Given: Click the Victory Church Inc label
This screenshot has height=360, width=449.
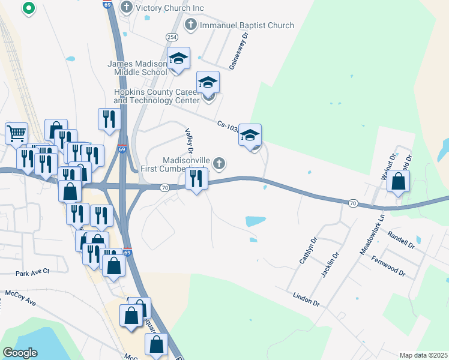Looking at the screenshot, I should coord(170,7).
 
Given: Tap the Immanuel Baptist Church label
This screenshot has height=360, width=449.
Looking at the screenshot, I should coord(247,25).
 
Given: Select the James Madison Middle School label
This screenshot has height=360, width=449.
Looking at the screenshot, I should coord(137,68).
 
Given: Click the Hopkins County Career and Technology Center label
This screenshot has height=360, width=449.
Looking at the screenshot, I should coord(156,96).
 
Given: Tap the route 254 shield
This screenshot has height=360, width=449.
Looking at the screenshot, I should coord(172,37).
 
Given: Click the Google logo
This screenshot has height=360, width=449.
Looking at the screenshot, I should coord(20,353).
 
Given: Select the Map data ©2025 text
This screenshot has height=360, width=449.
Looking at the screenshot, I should coord(423,355).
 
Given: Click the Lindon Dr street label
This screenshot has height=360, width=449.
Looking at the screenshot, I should coord(306,298).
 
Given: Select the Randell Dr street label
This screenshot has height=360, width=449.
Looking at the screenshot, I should coord(401,240).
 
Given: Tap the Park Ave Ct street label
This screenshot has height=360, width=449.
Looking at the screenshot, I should coord(32,272).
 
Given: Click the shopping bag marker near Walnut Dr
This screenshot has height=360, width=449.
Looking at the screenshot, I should coord(398,181).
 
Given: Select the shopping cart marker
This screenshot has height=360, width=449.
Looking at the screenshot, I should coord(16,133).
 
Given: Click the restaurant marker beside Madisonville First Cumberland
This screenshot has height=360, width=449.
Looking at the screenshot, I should coord(196,178).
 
